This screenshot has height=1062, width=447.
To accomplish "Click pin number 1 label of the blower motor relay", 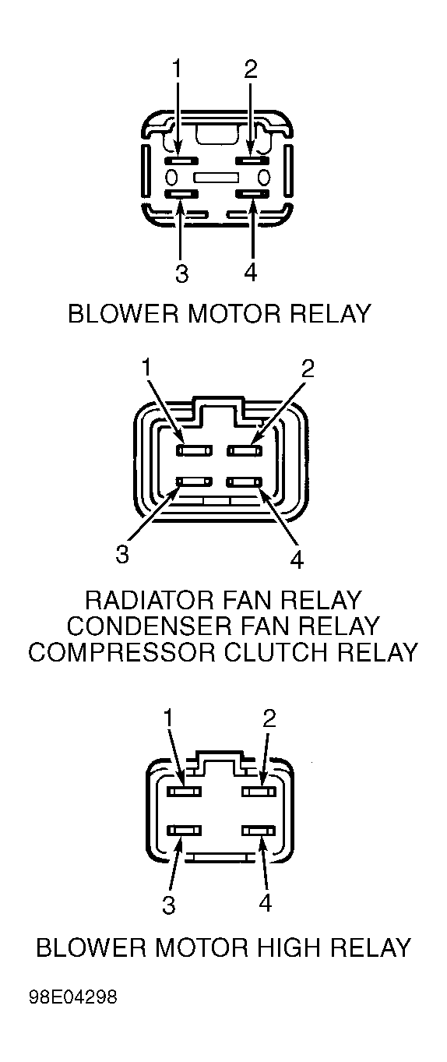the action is [176, 69].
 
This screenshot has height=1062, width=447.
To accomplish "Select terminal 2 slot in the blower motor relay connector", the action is [253, 161].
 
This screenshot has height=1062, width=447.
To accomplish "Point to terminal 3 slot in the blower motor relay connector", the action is [181, 193].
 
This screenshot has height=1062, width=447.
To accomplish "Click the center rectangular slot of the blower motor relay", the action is [216, 178].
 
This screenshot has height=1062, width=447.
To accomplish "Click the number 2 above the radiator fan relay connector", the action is [308, 369].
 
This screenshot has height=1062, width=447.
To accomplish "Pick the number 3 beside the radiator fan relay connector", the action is [122, 554].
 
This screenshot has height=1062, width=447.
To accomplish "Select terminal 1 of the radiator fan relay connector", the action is [195, 450].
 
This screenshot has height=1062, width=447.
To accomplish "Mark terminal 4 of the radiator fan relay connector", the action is [245, 482].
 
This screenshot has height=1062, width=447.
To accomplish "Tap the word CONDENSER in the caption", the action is [150, 626].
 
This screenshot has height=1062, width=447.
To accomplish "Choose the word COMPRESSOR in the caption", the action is [123, 652].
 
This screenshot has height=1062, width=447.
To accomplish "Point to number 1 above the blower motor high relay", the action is [167, 719].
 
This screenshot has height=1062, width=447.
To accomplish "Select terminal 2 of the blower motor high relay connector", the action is [259, 792].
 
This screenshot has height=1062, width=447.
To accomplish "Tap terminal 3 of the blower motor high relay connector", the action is [185, 831].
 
